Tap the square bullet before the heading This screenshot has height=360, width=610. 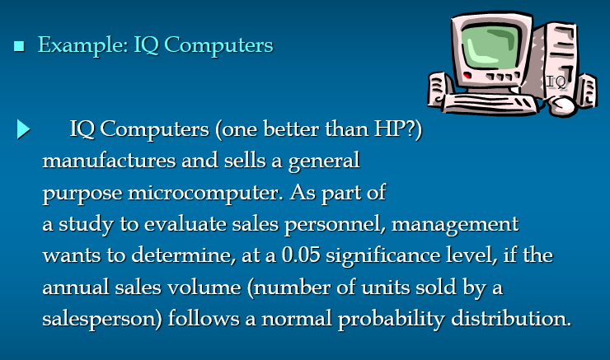[19, 46]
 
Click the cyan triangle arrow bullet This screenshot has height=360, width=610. [23, 129]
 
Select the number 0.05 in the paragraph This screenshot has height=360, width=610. [301, 255]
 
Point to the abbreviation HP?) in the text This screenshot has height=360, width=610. [397, 129]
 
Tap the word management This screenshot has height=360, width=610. [455, 225]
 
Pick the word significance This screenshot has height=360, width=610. [382, 256]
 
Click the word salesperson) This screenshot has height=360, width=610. [102, 320]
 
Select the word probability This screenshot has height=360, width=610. [392, 320]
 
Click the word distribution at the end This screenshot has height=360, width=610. [511, 319]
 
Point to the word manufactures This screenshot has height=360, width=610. [109, 161]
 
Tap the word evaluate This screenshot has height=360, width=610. [185, 224]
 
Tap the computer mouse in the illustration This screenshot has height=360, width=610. [562, 105]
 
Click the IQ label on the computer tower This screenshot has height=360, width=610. [556, 82]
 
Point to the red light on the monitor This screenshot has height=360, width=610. [467, 76]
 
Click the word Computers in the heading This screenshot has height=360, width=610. [218, 46]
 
